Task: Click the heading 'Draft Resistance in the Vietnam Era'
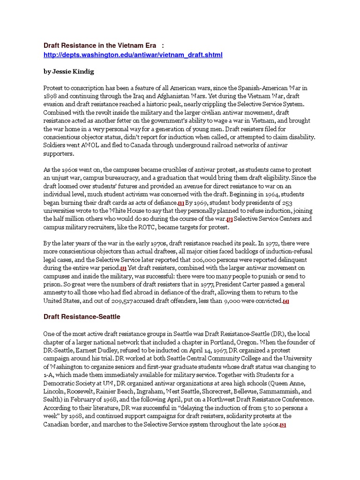[x=99, y=45]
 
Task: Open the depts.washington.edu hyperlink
[x=133, y=55]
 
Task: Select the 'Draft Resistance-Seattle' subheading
[x=82, y=317]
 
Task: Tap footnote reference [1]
[x=181, y=203]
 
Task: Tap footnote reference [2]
[x=230, y=219]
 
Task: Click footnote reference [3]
[x=123, y=268]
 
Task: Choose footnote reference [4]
[x=286, y=301]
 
